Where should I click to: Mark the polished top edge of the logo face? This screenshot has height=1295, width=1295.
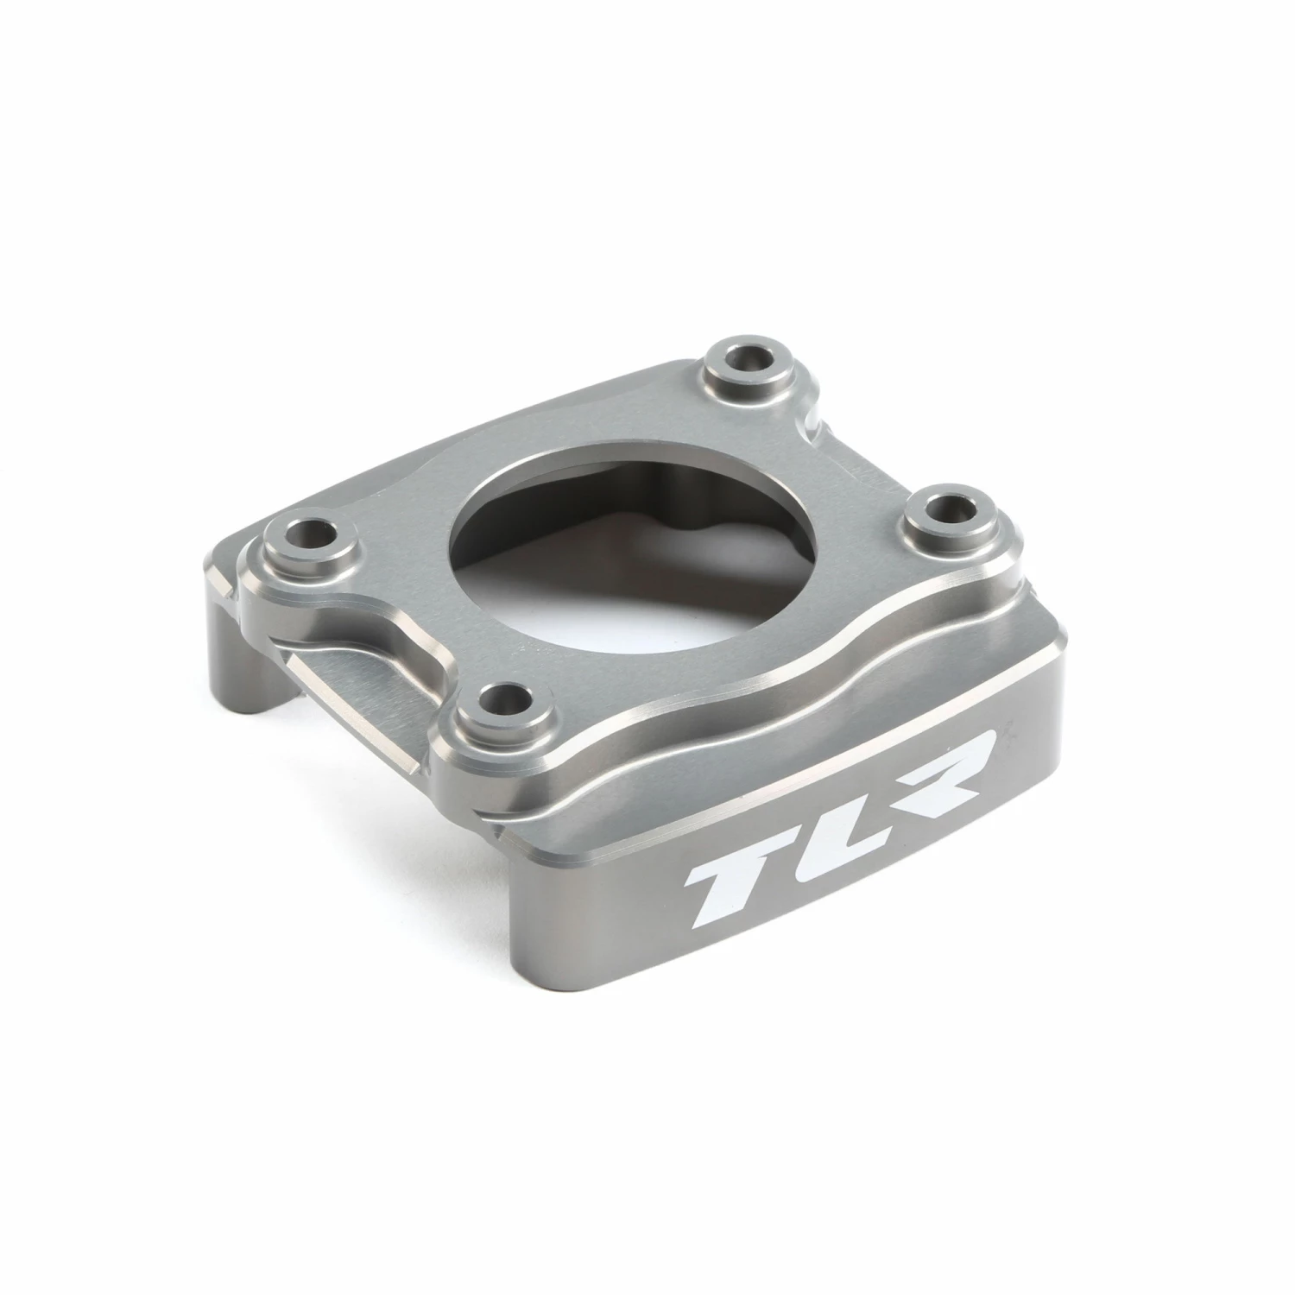(777, 768)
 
